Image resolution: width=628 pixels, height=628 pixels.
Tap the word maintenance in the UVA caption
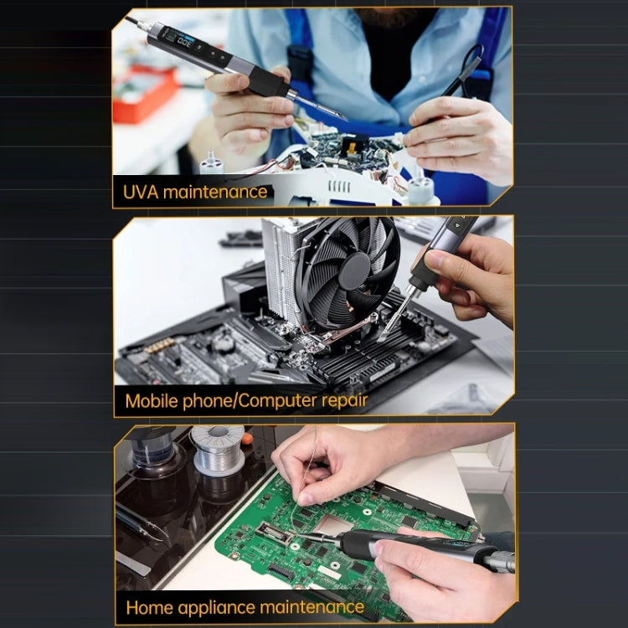point(215,192)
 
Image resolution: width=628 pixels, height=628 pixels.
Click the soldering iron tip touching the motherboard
point(387,331)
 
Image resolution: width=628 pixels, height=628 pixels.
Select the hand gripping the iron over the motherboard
point(473,276)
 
